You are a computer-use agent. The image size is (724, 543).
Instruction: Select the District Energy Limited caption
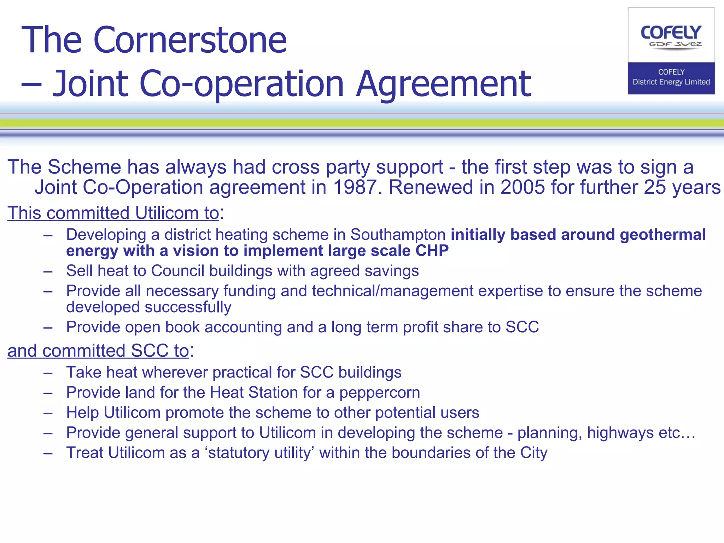click(x=671, y=82)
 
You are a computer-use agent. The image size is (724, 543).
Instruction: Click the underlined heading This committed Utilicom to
click(x=113, y=213)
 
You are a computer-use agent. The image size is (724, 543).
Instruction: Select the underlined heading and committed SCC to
click(x=98, y=351)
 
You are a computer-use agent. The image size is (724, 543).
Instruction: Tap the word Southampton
click(x=398, y=235)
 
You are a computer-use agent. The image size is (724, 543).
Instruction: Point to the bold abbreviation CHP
click(x=432, y=251)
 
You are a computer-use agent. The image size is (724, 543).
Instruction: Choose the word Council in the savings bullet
click(x=178, y=271)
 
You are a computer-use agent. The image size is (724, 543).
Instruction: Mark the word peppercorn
click(x=380, y=392)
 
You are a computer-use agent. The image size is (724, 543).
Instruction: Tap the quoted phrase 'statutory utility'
click(x=259, y=453)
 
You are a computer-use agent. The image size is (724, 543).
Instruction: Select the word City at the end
click(x=533, y=453)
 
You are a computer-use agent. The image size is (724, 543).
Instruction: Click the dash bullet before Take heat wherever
click(x=48, y=373)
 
